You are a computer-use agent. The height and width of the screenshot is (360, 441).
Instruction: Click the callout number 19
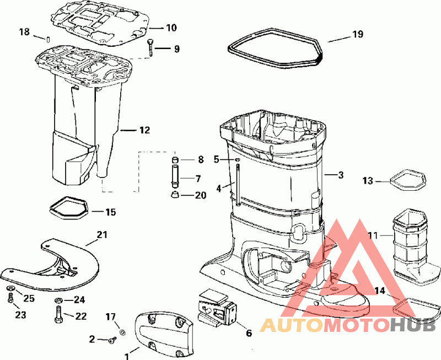pos(358,34)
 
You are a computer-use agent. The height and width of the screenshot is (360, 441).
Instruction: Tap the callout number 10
pos(171,28)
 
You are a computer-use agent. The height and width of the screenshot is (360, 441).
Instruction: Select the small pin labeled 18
pos(48,39)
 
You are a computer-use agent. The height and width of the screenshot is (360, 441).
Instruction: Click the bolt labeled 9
pos(150,48)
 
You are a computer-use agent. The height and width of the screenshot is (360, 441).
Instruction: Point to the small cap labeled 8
pos(175,160)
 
